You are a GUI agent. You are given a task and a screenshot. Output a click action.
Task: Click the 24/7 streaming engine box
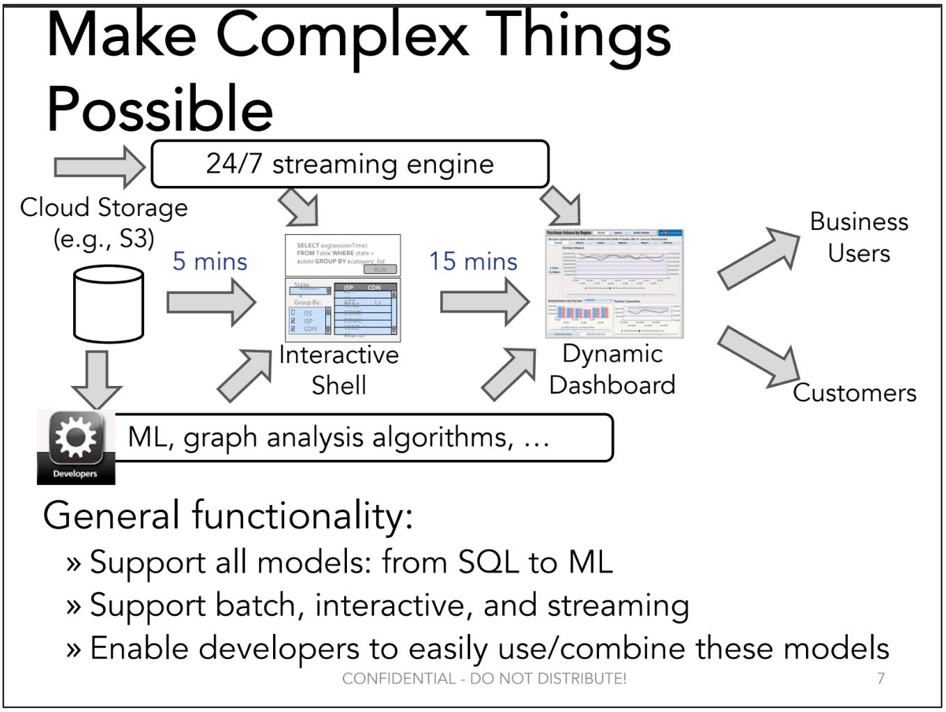click(350, 164)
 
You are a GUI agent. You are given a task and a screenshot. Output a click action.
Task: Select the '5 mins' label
click(210, 261)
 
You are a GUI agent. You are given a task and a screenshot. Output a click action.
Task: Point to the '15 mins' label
click(473, 261)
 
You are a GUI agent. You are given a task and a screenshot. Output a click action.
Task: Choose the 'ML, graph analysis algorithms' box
click(362, 438)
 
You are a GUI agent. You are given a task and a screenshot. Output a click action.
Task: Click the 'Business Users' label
click(858, 237)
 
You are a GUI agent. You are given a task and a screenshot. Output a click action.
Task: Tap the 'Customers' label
click(854, 393)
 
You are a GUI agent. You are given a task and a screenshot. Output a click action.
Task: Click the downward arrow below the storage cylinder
click(96, 378)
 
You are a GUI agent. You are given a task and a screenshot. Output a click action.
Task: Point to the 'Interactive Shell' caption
click(339, 370)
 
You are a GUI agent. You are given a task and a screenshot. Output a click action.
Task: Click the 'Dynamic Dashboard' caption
click(612, 369)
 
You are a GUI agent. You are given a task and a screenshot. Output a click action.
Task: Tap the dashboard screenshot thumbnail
click(614, 284)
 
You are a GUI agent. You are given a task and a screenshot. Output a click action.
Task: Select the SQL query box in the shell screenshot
click(343, 255)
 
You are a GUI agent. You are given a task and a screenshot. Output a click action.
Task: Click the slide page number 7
click(881, 678)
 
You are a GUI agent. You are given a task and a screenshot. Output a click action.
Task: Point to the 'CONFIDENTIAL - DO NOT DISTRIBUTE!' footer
click(484, 678)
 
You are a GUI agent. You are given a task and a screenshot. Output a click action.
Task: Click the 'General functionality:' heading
click(228, 516)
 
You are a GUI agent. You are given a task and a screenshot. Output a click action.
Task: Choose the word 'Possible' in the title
click(160, 109)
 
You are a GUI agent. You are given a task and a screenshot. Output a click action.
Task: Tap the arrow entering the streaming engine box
click(99, 167)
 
